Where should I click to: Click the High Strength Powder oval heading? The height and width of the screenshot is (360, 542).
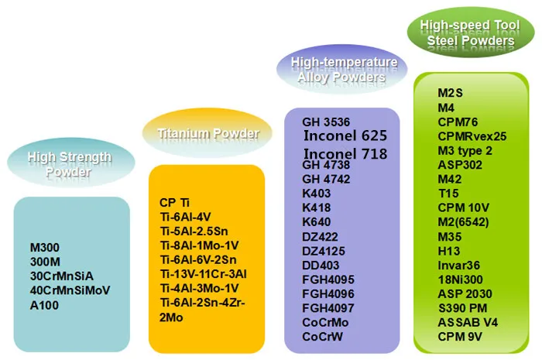coord(70,164)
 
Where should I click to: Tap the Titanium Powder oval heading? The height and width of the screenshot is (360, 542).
coord(208,134)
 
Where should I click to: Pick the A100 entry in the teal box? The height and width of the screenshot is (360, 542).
coord(45,304)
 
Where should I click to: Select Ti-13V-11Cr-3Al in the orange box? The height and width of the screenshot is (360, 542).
coord(203,273)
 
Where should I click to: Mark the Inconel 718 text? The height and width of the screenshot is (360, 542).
coord(345,153)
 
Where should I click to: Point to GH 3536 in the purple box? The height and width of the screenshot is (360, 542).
coord(328,121)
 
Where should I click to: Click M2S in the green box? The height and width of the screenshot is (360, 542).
coord(450,93)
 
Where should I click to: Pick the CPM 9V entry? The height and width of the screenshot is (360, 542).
coord(458,336)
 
